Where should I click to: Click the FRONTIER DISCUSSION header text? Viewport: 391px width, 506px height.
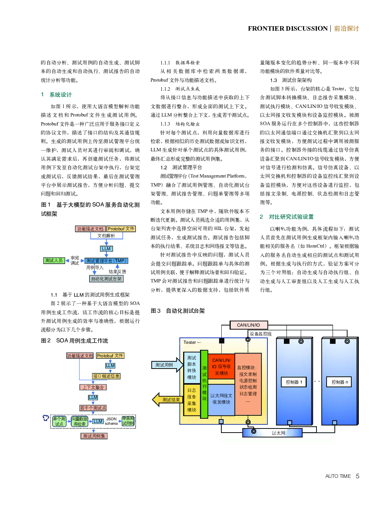pos(288,28)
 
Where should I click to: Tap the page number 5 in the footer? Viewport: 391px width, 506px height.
pos(358,476)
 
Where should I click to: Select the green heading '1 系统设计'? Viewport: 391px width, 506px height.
pos(56,95)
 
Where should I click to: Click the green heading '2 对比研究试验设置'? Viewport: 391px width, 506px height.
pos(287,217)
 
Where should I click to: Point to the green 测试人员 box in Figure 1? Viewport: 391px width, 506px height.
pos(54,260)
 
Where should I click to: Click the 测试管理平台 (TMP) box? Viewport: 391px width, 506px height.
pos(106,261)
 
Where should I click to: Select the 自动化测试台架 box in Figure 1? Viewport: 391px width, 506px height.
pos(106,279)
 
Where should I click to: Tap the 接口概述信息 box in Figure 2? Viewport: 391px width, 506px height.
pos(106,376)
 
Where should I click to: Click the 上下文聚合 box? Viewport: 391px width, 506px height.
pos(93,387)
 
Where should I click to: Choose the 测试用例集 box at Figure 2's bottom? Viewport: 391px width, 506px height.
pos(94,436)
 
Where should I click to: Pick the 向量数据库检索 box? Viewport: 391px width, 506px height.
pos(80,421)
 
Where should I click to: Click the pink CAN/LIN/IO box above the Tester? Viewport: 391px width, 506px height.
pos(249,325)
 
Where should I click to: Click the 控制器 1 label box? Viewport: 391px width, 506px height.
pos(294,382)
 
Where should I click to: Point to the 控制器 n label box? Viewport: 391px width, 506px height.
pos(339,382)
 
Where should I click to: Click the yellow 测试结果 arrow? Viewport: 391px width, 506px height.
pos(166,400)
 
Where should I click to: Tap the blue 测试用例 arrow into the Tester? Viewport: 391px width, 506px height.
pos(167,365)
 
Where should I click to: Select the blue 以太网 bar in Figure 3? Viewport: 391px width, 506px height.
pos(272,433)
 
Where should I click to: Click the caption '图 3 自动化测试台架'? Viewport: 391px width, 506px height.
pos(178,311)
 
